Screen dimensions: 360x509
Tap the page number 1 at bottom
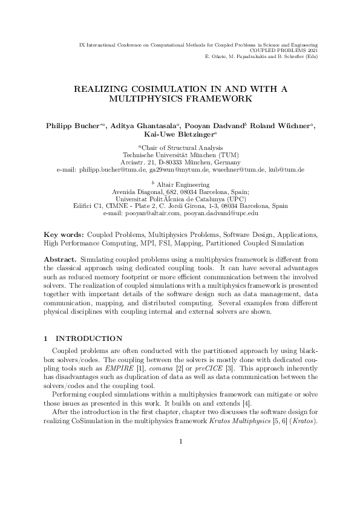click(180, 476)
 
